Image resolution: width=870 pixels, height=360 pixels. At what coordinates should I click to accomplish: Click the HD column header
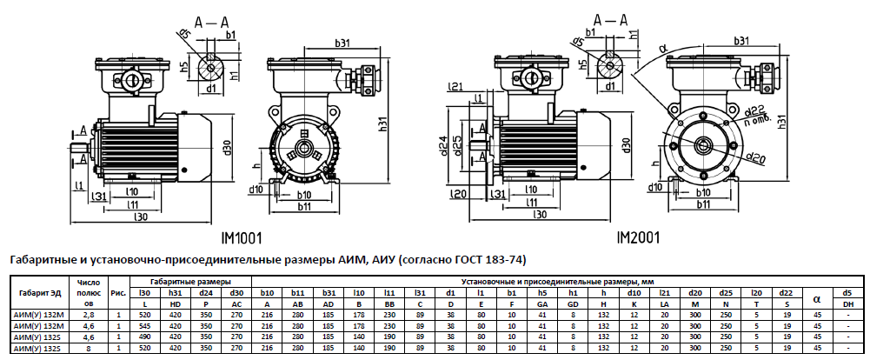pyautogui.click(x=175, y=303)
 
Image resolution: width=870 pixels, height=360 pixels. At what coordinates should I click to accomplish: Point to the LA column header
pyautogui.click(x=664, y=303)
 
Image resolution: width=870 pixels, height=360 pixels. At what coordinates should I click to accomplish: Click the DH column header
pyautogui.click(x=847, y=303)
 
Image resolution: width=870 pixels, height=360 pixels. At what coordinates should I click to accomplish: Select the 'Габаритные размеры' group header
pyautogui.click(x=190, y=282)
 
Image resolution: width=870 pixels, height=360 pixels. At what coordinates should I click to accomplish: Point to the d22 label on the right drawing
pyautogui.click(x=755, y=109)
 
